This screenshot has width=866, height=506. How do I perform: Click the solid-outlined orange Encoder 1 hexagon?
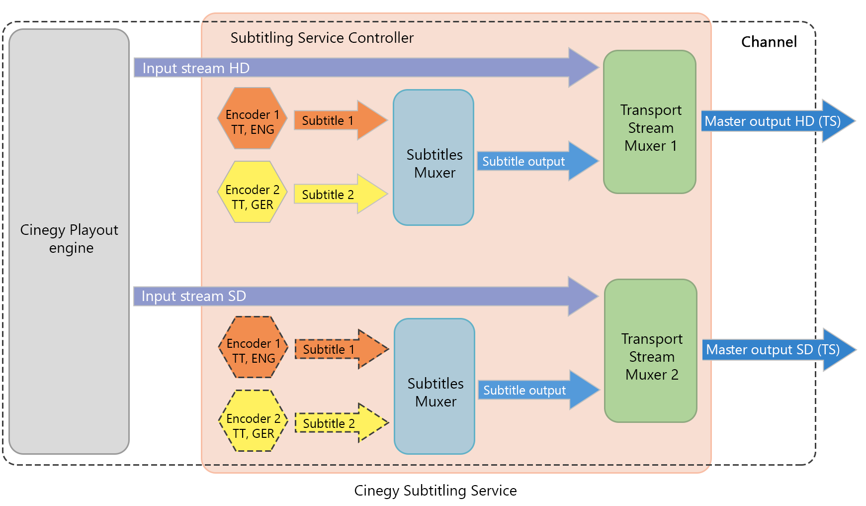(253, 118)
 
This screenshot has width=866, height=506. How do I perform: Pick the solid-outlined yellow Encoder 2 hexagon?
(253, 192)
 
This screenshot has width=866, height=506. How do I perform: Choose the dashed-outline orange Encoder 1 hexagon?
(254, 347)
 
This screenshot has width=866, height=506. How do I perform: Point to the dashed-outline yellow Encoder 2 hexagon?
(254, 421)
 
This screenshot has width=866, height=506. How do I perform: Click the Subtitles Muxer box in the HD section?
(433, 158)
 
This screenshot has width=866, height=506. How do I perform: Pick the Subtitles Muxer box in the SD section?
(434, 387)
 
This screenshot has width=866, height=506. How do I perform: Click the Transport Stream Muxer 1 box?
(650, 122)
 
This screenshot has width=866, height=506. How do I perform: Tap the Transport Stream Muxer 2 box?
(651, 351)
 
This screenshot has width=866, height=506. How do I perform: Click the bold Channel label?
(769, 42)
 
